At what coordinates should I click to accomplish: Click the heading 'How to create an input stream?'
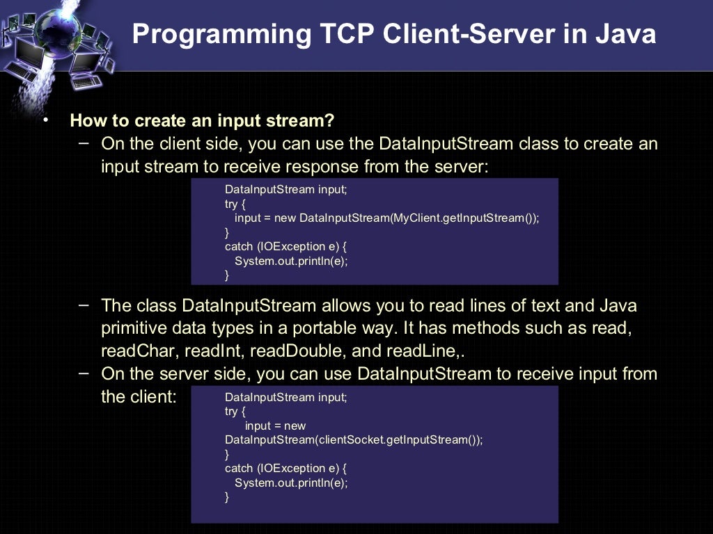pos(202,121)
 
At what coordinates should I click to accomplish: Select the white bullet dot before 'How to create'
pos(46,120)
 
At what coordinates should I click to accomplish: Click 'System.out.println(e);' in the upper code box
pos(291,261)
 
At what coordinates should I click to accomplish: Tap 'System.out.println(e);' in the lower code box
pos(291,483)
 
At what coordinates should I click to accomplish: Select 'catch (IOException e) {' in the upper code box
pos(285,246)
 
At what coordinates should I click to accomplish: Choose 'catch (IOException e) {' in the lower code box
pos(285,468)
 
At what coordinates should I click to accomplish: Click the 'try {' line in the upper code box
pos(235,204)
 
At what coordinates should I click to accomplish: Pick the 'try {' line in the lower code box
pos(235,411)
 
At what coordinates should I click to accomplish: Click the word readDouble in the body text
pos(297,351)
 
